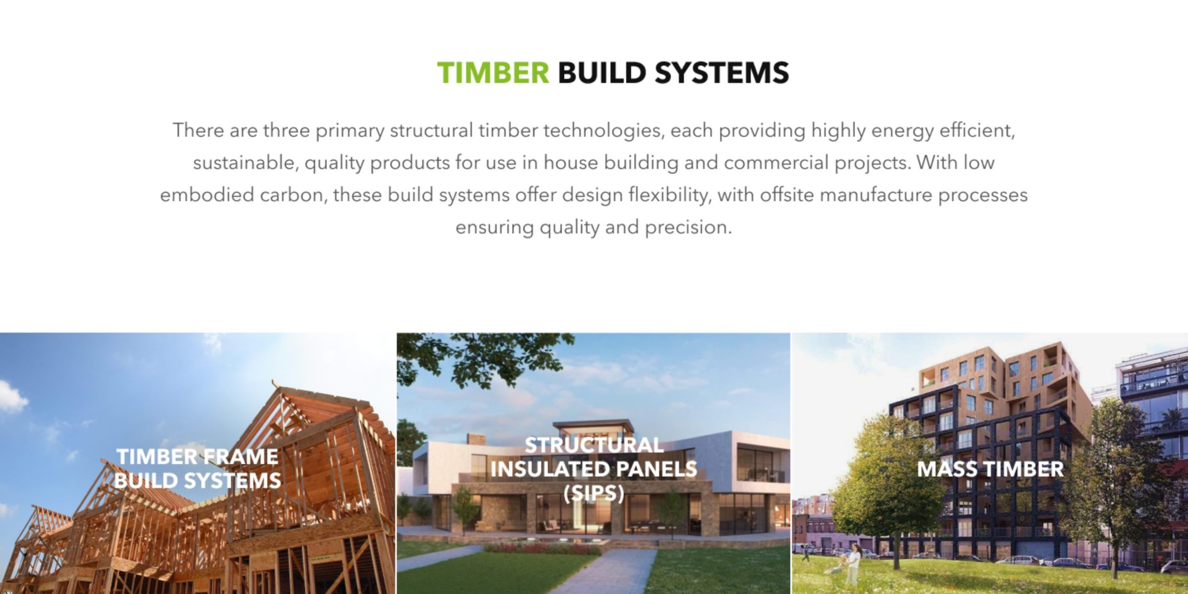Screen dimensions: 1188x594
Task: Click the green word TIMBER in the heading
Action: [x=493, y=73]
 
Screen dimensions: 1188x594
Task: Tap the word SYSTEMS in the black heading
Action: [x=722, y=73]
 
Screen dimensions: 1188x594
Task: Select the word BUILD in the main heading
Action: [x=602, y=73]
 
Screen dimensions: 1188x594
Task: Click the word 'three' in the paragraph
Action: [x=286, y=130]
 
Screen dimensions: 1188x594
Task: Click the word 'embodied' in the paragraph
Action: [x=207, y=195]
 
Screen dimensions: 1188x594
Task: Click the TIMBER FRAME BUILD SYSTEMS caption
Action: [x=197, y=468]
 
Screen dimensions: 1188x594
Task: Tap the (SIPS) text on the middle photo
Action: [x=594, y=493]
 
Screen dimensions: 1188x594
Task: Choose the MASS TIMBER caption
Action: [x=990, y=469]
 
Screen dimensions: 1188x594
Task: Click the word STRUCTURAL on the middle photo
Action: [x=594, y=445]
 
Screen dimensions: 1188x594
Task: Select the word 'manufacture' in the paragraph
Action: [x=876, y=195]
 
